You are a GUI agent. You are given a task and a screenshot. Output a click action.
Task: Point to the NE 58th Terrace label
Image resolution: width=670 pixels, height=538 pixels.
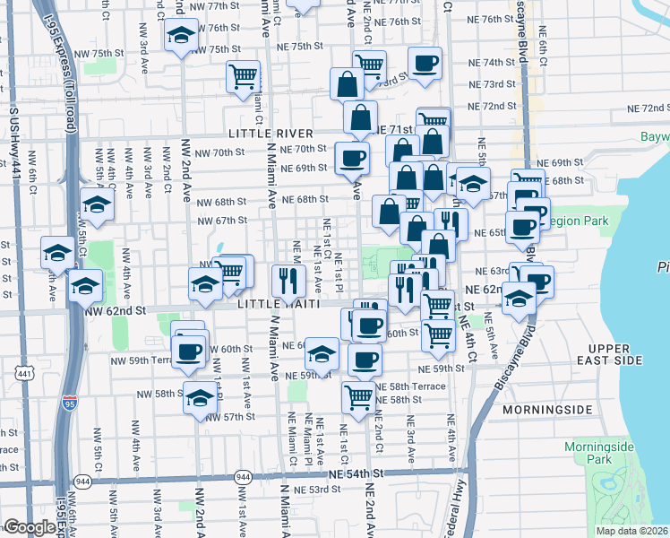click(x=409, y=386)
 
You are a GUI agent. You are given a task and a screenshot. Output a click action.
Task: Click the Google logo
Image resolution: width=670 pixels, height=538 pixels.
click(x=30, y=527)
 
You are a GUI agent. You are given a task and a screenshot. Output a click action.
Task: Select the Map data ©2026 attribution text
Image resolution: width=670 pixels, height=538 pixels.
click(x=631, y=531)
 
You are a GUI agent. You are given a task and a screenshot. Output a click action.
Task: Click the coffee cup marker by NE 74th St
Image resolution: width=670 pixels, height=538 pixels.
click(x=425, y=64)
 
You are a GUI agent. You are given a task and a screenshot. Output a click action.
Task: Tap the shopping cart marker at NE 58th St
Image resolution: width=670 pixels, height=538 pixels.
click(x=358, y=395)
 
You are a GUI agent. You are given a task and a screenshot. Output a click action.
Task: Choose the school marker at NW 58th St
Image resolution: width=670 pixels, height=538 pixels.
click(x=200, y=397)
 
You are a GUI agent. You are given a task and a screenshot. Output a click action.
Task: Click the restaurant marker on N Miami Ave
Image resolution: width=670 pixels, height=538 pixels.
click(x=288, y=279)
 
